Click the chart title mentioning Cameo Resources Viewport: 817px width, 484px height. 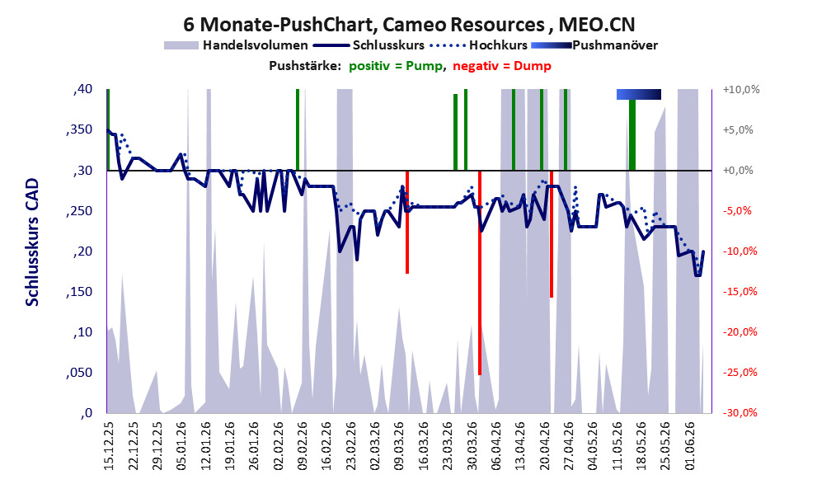click(x=409, y=24)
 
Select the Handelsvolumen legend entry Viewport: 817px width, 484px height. click(x=236, y=45)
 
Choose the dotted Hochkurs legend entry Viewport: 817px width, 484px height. click(x=479, y=45)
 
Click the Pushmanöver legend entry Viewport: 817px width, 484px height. click(x=594, y=45)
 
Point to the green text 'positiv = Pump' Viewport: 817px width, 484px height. click(x=396, y=66)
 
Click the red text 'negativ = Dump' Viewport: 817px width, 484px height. click(x=502, y=66)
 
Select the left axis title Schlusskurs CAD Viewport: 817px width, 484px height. click(x=32, y=242)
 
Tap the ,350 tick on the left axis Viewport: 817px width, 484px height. click(x=79, y=129)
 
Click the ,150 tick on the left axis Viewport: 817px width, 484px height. click(x=79, y=292)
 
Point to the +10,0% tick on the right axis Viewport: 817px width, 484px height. click(x=741, y=90)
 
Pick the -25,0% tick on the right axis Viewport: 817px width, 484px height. click(x=740, y=373)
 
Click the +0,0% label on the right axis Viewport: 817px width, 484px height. click(x=738, y=171)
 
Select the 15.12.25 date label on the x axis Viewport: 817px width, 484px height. click(x=108, y=446)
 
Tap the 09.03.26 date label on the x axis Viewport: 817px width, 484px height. click(x=400, y=446)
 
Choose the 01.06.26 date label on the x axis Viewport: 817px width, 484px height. click(x=691, y=446)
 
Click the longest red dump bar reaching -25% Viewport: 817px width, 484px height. click(x=480, y=272)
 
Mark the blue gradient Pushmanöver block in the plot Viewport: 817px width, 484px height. click(x=639, y=94)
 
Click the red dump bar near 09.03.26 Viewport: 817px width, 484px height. click(x=407, y=222)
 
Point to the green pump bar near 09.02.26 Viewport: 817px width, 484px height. click(x=298, y=129)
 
